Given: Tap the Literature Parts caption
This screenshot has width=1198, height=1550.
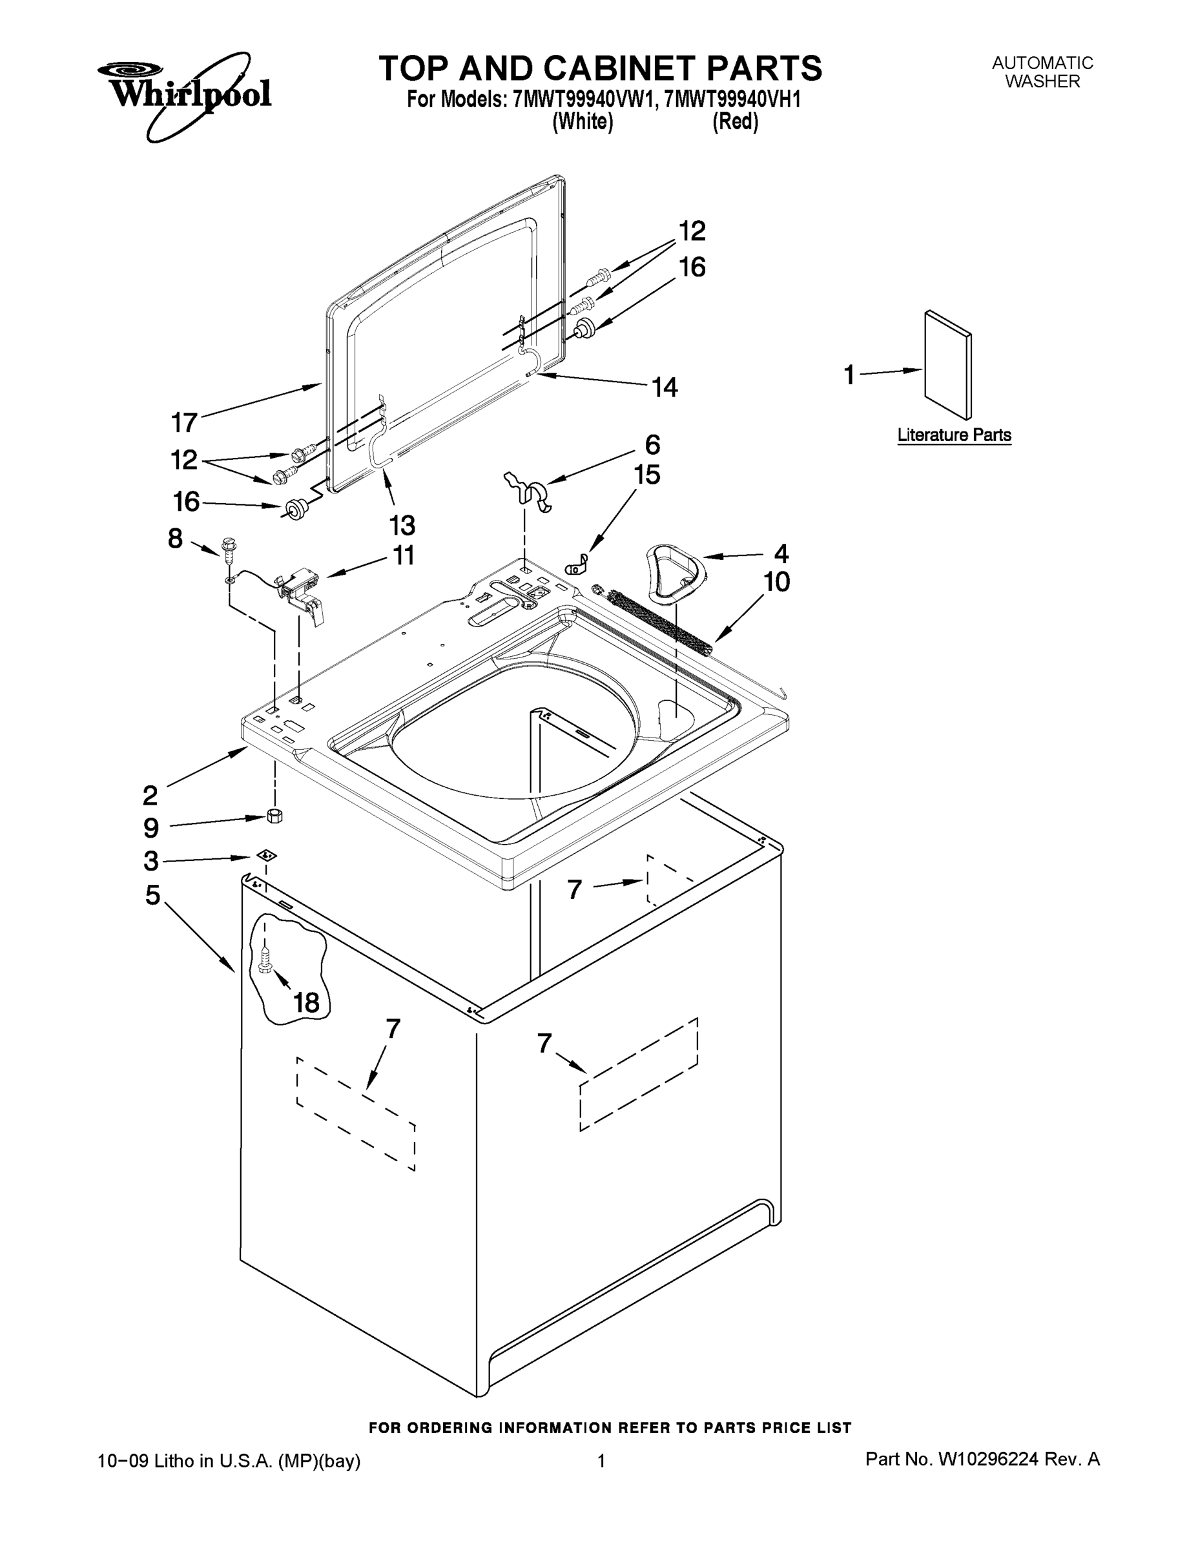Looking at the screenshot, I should (954, 435).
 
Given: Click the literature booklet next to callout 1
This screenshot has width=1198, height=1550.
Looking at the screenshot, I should (948, 365).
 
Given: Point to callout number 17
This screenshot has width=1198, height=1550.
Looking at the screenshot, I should (184, 423).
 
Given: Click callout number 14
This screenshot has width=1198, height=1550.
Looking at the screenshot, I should (665, 387).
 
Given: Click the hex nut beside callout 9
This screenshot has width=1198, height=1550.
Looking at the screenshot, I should (275, 815).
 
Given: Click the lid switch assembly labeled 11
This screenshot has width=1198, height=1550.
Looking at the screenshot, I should (302, 586).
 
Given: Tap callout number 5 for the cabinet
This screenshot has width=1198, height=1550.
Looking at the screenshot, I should (152, 895).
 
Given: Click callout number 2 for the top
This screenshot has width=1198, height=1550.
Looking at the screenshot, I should (150, 795).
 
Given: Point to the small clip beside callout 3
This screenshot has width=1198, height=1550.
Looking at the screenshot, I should (267, 855).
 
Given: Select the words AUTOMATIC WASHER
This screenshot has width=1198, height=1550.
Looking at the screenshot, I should (1042, 72).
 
